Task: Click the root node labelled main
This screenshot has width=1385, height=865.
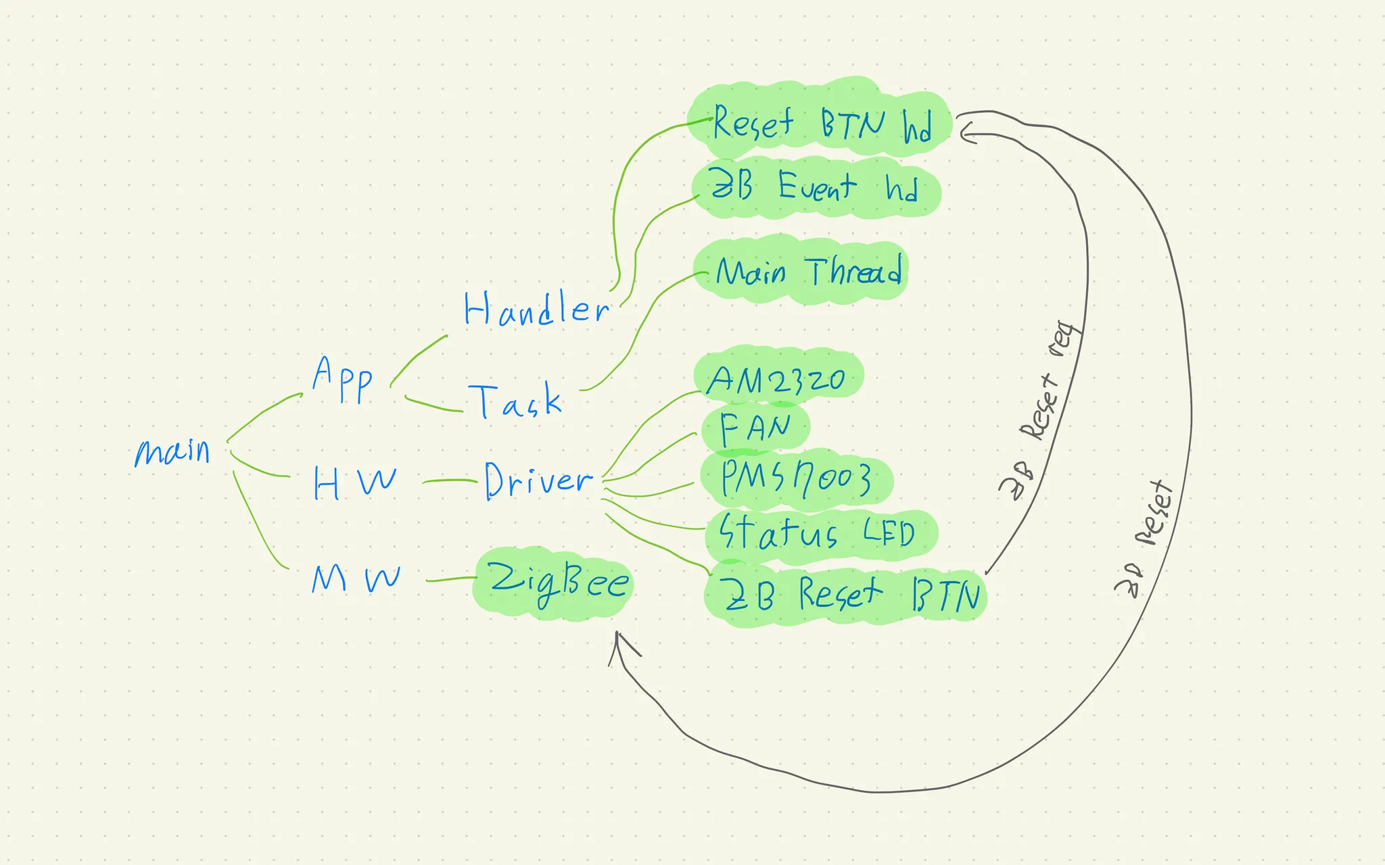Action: (173, 451)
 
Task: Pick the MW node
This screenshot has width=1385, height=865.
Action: (356, 579)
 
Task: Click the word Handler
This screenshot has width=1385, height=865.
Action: (536, 310)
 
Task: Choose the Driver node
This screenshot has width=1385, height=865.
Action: (538, 480)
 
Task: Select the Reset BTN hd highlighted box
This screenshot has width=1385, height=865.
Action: (821, 124)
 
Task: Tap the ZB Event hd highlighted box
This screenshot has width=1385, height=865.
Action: (814, 187)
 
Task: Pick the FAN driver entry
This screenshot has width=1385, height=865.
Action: (755, 428)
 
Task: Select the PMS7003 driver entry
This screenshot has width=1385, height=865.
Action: (795, 478)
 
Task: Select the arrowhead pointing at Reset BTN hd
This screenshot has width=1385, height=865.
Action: (965, 132)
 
